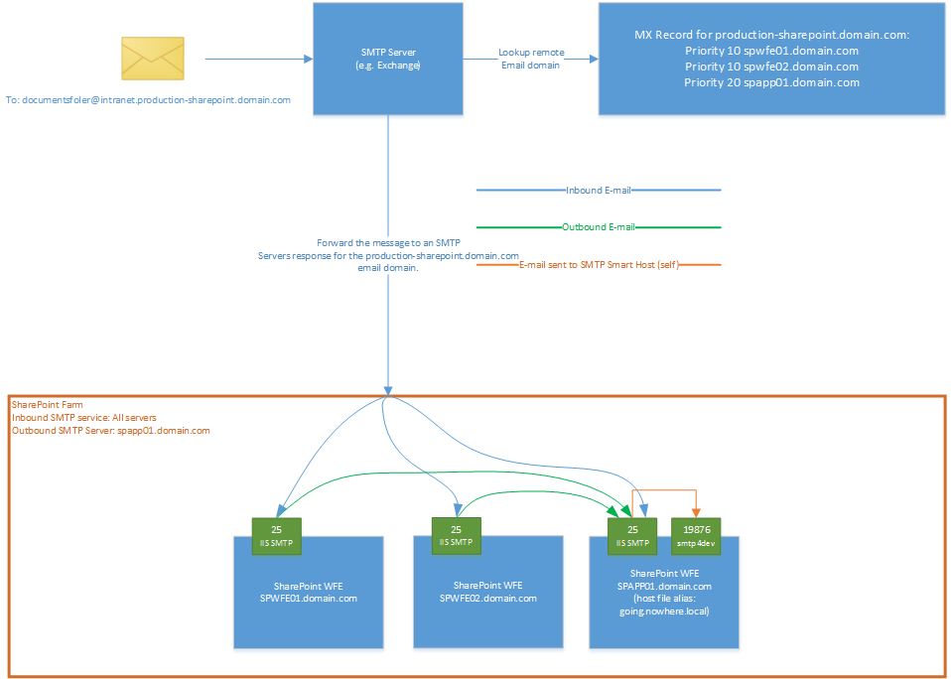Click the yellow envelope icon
click(152, 59)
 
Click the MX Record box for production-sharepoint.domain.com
click(771, 59)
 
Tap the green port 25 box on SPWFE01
click(276, 536)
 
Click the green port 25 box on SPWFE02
click(456, 535)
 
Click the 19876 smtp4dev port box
click(695, 536)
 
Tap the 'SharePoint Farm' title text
click(48, 405)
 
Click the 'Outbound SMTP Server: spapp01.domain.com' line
click(111, 431)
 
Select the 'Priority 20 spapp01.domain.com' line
click(771, 82)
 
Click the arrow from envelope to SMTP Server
click(258, 59)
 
